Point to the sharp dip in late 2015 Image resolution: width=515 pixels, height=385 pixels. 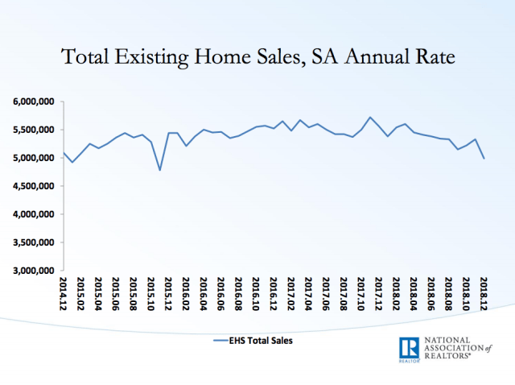[160, 170]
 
